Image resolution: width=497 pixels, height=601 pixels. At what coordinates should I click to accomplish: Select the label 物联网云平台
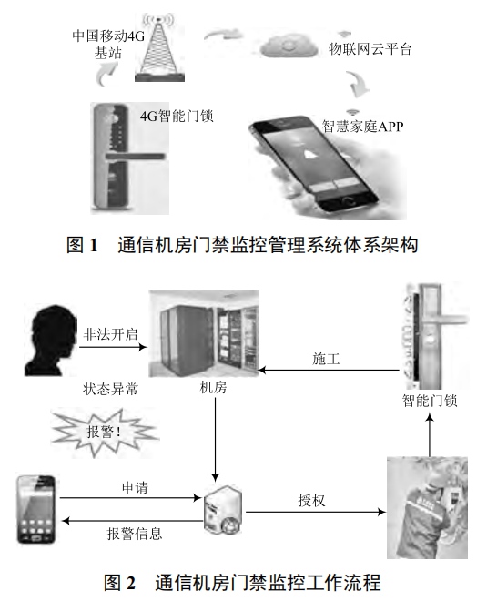370,49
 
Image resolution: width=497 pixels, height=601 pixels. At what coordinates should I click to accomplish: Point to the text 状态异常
107,386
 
